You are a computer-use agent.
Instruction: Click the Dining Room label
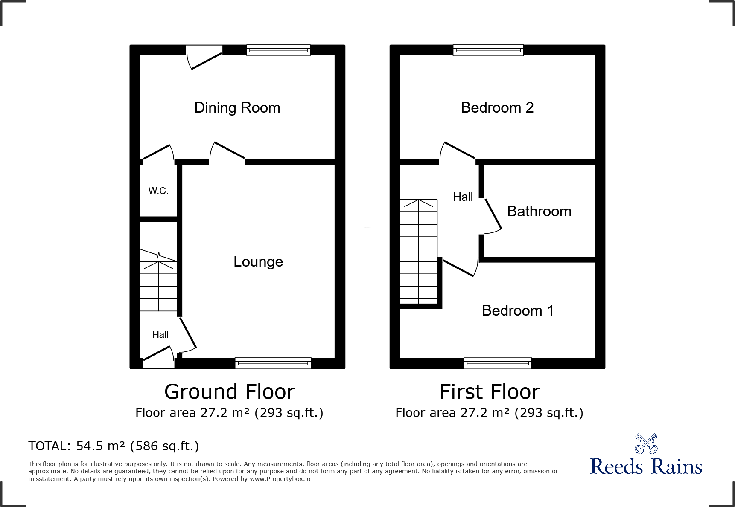tap(237, 107)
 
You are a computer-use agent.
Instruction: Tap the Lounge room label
tap(258, 261)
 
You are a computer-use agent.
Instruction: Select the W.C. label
tap(158, 191)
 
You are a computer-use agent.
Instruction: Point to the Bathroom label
tap(539, 211)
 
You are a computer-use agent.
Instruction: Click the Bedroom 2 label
tap(497, 107)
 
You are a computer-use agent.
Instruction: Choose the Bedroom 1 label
tap(518, 310)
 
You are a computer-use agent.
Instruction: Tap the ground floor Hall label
tap(160, 335)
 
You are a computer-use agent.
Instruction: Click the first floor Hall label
tap(463, 197)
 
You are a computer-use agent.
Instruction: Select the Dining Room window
tap(278, 50)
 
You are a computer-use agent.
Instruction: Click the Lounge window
tap(273, 363)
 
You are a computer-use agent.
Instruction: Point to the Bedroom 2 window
tap(488, 50)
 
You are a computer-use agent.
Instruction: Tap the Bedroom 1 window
tap(498, 363)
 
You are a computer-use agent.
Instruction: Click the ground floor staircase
tap(159, 281)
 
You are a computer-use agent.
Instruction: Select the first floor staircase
tap(419, 252)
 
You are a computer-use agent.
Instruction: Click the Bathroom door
tap(493, 215)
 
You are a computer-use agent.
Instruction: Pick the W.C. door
tap(158, 153)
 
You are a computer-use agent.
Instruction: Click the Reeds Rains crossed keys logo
tap(646, 444)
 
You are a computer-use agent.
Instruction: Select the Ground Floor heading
tap(230, 392)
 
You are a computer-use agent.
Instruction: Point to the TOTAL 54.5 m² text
tap(114, 446)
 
